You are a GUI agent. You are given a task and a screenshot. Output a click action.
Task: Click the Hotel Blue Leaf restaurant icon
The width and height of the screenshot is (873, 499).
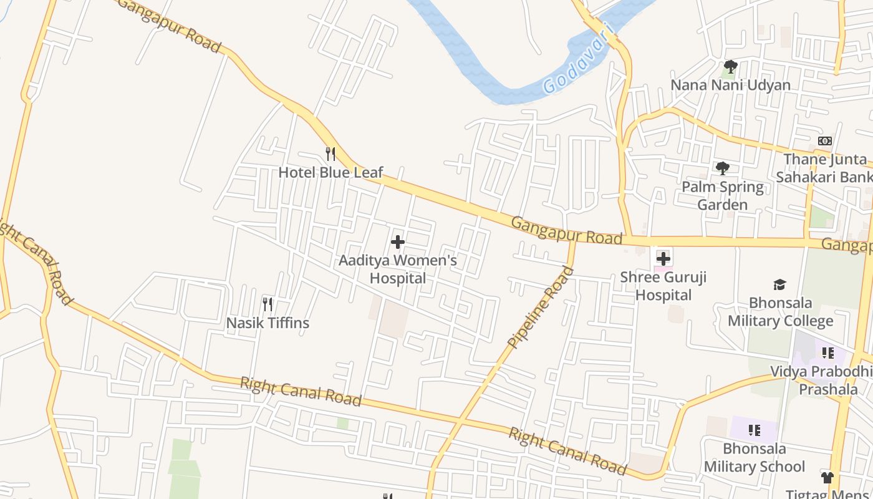click(x=330, y=153)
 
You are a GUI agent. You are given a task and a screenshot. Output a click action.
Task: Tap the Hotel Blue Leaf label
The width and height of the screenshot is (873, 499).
click(x=330, y=172)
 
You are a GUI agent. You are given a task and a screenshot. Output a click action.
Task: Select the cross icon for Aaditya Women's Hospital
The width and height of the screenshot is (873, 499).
click(x=398, y=242)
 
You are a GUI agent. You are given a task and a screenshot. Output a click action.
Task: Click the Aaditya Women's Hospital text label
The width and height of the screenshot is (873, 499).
click(x=398, y=269)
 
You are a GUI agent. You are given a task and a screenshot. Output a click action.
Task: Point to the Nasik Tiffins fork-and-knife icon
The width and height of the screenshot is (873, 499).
click(x=268, y=304)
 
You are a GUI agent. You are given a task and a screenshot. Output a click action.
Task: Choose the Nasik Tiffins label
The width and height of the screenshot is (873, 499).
click(x=268, y=323)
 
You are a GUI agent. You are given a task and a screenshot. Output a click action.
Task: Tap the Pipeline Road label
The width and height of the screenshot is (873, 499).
click(x=541, y=307)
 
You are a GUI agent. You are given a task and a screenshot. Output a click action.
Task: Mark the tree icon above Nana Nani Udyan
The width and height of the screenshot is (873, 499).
click(x=730, y=66)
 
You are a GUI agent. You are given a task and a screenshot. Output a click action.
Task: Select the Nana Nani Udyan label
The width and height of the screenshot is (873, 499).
click(x=730, y=85)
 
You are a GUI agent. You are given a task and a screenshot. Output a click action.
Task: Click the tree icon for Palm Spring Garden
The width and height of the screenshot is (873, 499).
click(x=723, y=168)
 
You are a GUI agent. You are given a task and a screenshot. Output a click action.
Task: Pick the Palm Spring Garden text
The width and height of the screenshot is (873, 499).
click(x=723, y=196)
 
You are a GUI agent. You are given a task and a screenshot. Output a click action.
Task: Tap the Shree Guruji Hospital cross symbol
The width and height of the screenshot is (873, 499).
click(x=663, y=258)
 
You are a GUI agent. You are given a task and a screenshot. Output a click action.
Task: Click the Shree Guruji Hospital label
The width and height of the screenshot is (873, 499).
click(x=663, y=286)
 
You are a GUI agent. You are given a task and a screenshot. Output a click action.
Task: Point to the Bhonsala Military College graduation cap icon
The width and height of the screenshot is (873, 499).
click(x=780, y=284)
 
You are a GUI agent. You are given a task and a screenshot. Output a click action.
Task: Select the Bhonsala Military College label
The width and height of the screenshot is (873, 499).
click(x=780, y=312)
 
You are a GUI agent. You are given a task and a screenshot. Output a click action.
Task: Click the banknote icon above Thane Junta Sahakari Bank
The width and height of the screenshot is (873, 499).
click(x=825, y=141)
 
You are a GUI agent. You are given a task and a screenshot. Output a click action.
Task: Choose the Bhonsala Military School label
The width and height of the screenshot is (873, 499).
click(x=755, y=457)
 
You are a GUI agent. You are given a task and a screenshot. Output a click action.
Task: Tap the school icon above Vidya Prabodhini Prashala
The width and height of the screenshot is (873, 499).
click(x=828, y=353)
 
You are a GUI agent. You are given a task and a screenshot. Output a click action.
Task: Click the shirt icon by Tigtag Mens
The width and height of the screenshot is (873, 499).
click(x=827, y=478)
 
